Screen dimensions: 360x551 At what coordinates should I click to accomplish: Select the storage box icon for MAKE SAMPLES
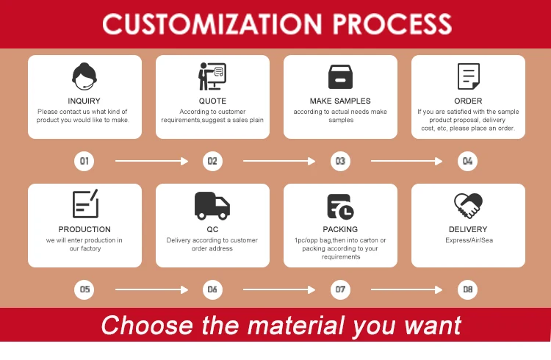coord(340,76)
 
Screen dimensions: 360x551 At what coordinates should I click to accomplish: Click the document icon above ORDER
coord(468,76)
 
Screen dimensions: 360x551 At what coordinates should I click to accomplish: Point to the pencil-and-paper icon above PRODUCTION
coord(84,204)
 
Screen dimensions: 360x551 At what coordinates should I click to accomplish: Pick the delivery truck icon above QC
coord(212,205)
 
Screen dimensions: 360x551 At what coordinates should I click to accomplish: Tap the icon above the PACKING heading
coord(340,206)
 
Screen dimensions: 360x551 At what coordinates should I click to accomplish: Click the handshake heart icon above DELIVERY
coord(468,205)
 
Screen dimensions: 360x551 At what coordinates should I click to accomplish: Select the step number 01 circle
coord(84,161)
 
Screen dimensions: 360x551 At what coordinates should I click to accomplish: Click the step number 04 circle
coord(468,161)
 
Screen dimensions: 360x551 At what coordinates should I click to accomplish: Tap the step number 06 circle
coord(212,289)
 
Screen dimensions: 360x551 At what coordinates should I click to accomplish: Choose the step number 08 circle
coord(468,289)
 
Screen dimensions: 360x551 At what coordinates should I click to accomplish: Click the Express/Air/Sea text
coord(468,240)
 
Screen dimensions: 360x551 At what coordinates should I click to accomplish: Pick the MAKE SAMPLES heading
coord(340,101)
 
